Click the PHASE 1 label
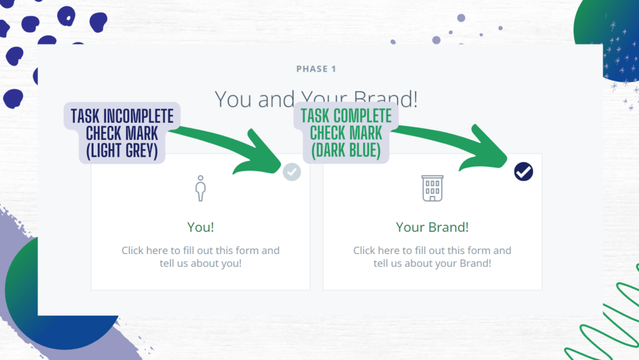click(x=316, y=69)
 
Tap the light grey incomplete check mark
click(x=292, y=172)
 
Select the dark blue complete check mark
click(x=524, y=172)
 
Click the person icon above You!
click(x=200, y=188)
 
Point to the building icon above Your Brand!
click(x=432, y=188)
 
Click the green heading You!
click(x=200, y=227)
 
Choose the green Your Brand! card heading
click(x=432, y=227)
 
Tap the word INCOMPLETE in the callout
click(x=138, y=116)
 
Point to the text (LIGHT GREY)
click(x=122, y=151)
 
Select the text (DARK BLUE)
click(x=346, y=150)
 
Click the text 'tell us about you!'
click(x=200, y=263)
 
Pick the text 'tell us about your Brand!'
click(x=432, y=263)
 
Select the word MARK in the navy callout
click(x=142, y=134)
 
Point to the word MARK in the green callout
click(x=366, y=133)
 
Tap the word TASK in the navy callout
click(x=85, y=116)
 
